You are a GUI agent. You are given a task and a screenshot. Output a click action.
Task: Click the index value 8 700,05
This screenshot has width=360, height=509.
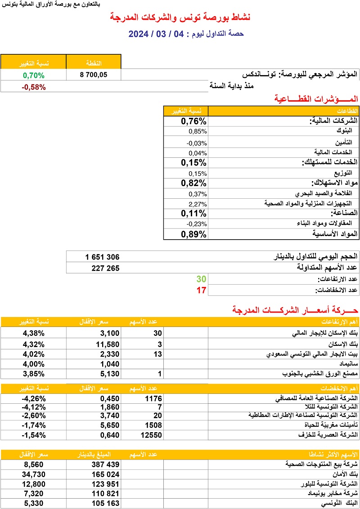(x=94, y=75)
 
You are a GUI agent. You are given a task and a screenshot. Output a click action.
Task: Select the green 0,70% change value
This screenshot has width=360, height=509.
(x=34, y=75)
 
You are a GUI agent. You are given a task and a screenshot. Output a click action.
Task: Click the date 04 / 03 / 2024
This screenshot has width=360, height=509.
(x=157, y=34)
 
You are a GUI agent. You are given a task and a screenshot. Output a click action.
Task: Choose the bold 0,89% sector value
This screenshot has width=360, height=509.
(x=193, y=234)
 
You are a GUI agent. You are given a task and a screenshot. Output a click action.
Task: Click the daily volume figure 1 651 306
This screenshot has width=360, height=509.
(x=102, y=257)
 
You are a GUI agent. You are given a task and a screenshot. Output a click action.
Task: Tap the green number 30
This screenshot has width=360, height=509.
(x=201, y=279)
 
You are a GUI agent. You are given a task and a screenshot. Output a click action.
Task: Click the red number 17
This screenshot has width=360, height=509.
(x=201, y=290)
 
